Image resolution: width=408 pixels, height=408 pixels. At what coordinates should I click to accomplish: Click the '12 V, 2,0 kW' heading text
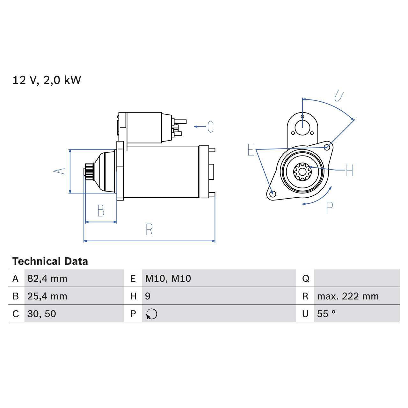pos(47,80)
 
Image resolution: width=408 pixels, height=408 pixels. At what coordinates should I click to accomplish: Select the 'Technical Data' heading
pos(50,261)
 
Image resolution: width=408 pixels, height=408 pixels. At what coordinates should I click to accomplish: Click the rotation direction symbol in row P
pos(152,314)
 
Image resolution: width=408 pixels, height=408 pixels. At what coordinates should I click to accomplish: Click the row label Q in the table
pos(305,279)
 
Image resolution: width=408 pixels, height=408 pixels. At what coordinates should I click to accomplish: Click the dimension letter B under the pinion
pos(101,211)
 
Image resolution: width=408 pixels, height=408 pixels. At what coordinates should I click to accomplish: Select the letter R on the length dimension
pos(149,229)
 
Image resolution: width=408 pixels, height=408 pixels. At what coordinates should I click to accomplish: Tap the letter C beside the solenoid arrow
pos(210,127)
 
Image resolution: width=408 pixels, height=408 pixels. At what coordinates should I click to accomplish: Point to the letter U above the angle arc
pos(339,96)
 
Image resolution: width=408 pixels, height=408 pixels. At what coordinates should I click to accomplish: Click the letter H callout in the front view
pos(349,170)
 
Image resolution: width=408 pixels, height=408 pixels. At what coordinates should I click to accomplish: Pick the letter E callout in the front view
pos(251,150)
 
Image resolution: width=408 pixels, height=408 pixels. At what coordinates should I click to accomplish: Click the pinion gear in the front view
pos(302,171)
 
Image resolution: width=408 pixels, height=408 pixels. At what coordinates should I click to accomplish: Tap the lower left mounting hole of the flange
pos(272,194)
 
